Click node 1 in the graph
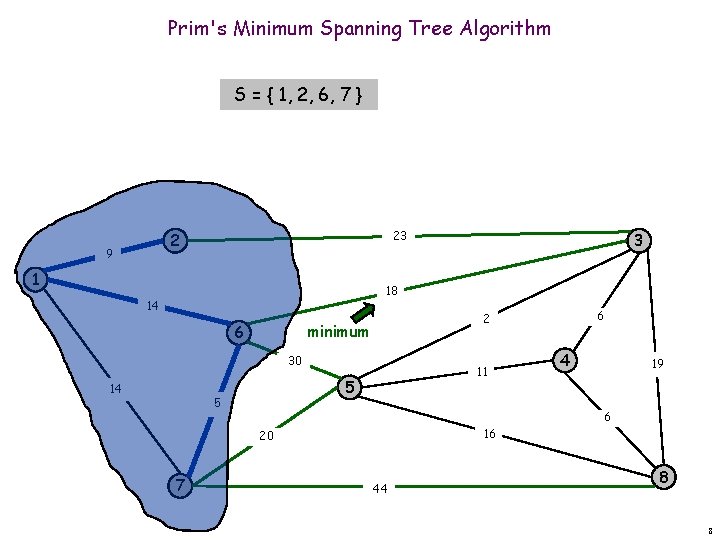click(34, 278)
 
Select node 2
click(176, 240)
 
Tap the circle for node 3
click(638, 240)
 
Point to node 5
click(349, 386)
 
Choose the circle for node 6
click(238, 332)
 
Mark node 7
click(179, 486)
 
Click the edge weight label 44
click(380, 489)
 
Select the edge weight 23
click(400, 236)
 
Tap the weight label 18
click(392, 291)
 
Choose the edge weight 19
click(658, 366)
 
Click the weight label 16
click(490, 434)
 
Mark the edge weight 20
click(266, 436)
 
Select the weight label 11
click(481, 372)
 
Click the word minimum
click(338, 332)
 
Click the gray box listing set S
click(299, 95)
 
